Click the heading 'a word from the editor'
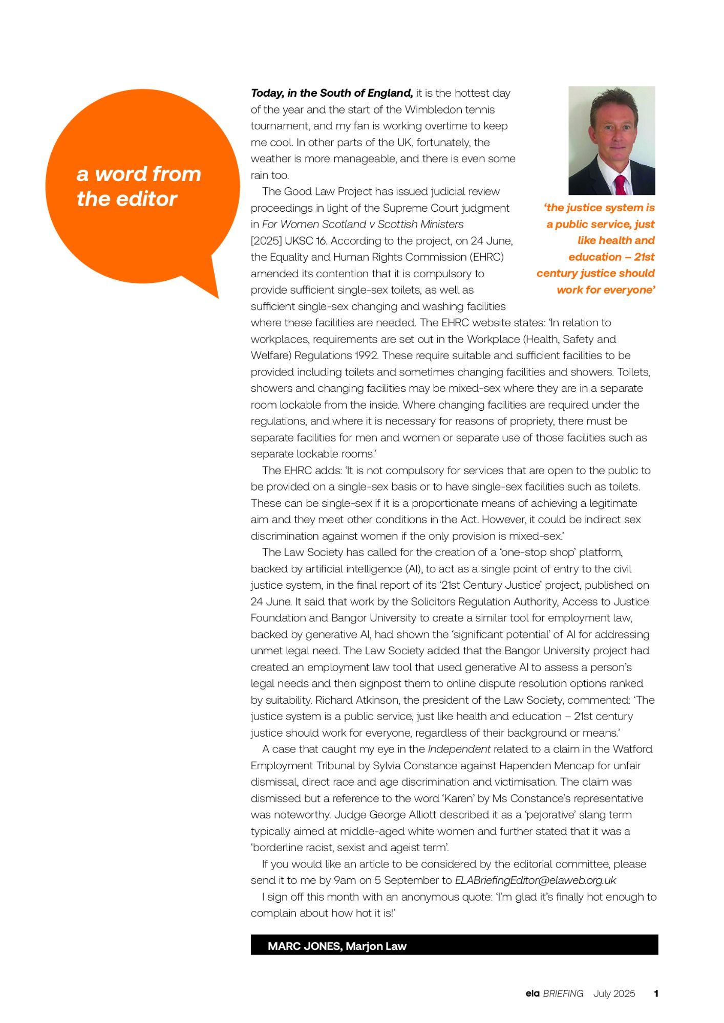(x=138, y=186)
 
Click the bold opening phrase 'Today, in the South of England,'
(x=332, y=93)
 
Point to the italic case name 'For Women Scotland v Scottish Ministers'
(x=363, y=224)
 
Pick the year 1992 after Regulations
(x=365, y=355)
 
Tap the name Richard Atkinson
(x=353, y=700)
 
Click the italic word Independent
(x=459, y=749)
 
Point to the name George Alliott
(x=406, y=815)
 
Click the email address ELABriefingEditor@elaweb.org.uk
(x=535, y=880)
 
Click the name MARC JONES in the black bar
(x=304, y=946)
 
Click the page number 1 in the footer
(x=656, y=993)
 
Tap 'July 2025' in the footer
(x=614, y=993)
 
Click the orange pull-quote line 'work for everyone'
(x=606, y=290)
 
